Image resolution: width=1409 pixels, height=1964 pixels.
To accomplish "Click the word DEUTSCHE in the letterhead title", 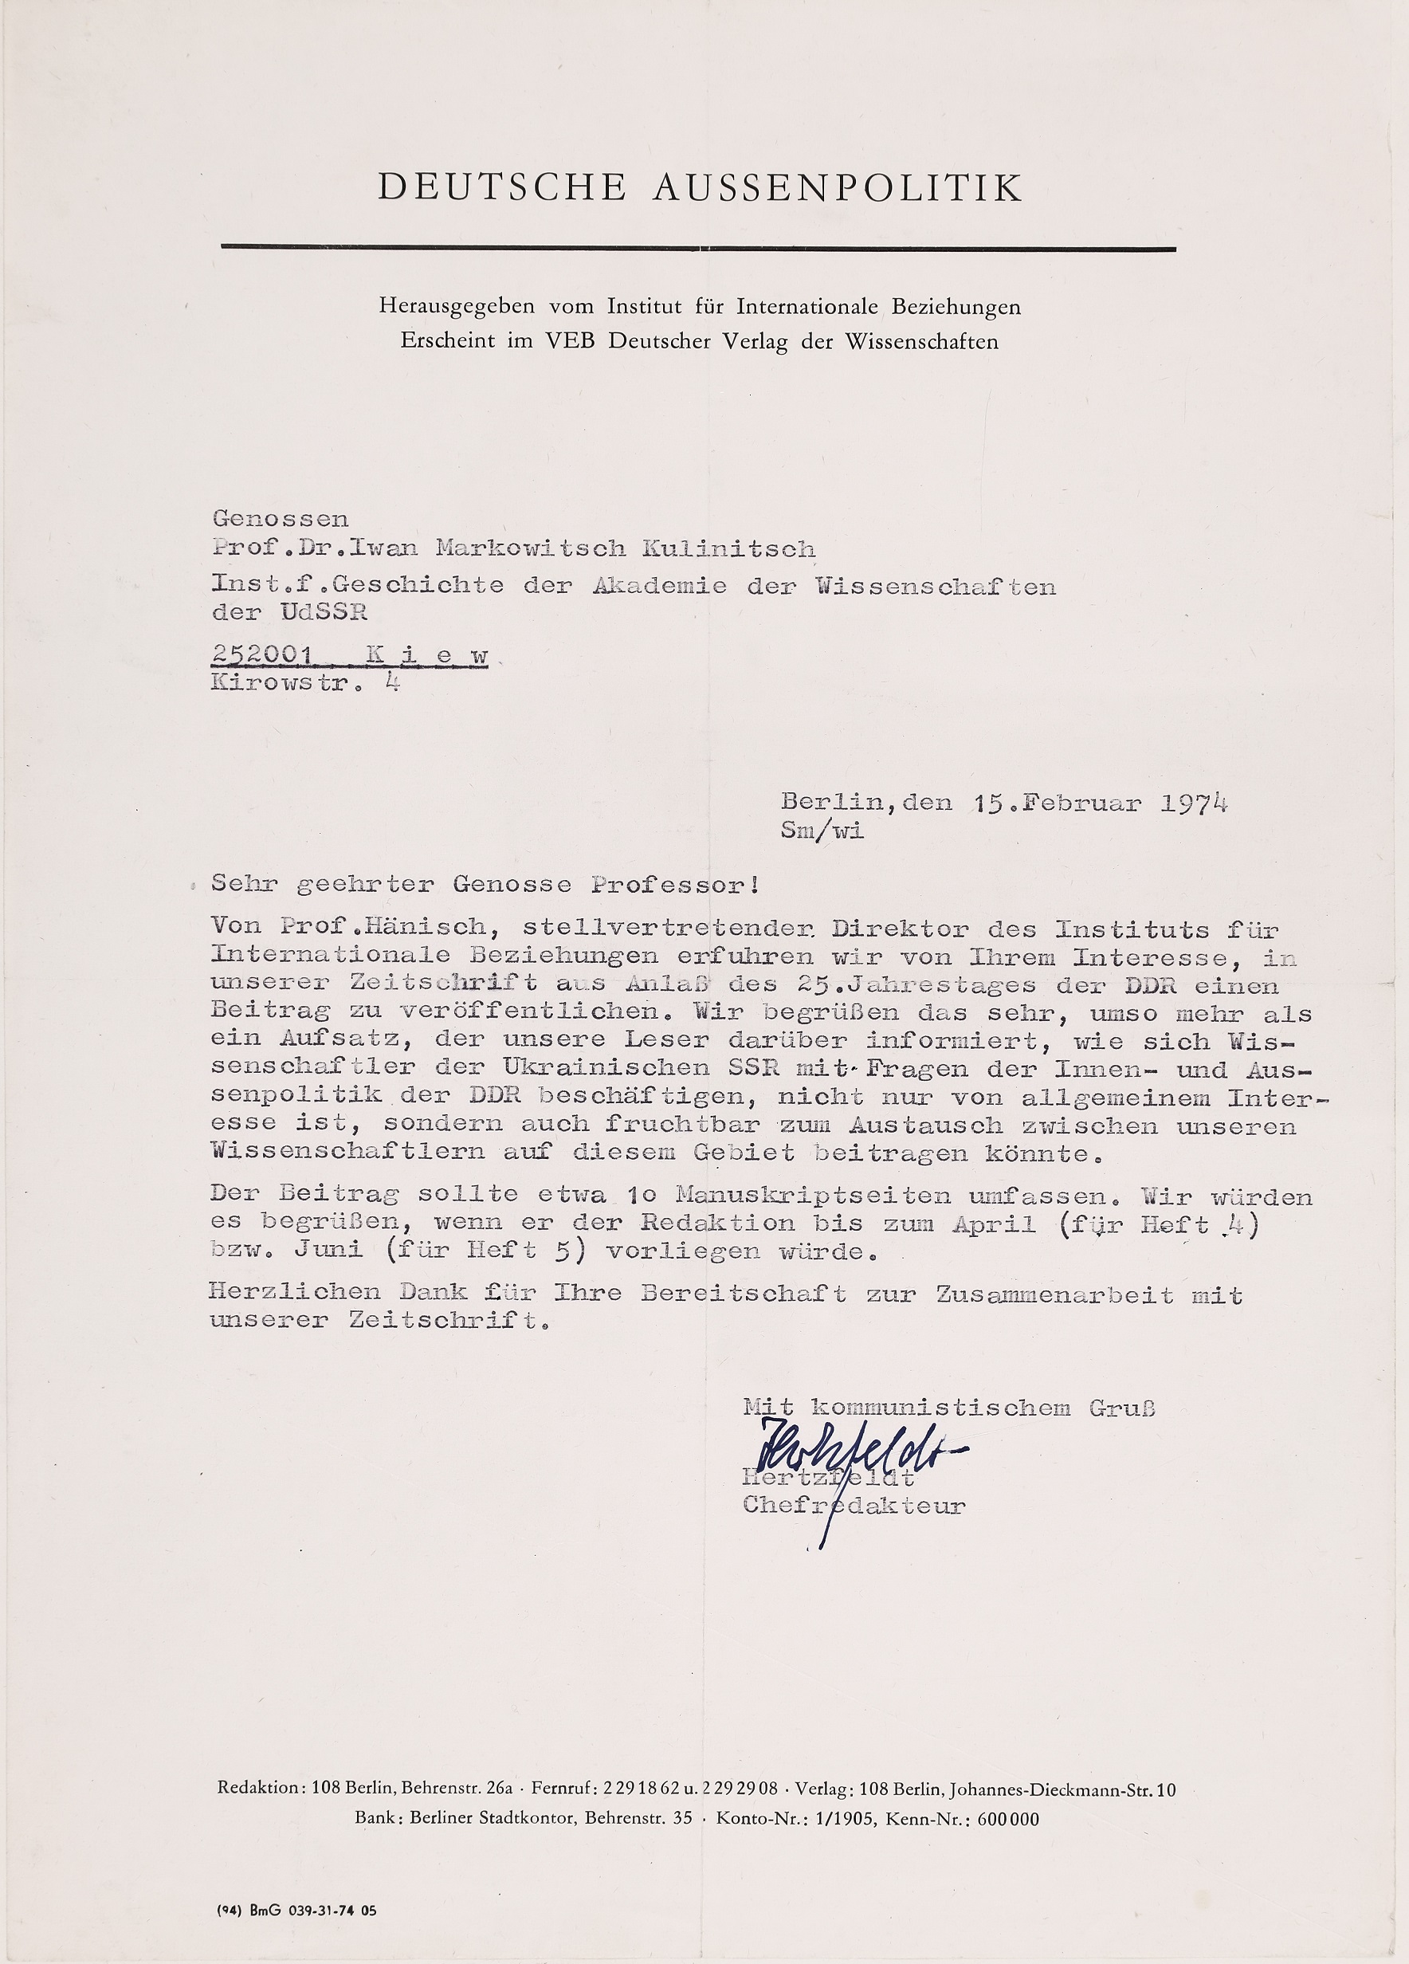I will [x=501, y=188].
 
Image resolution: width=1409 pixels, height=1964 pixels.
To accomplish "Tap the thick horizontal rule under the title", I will [x=698, y=249].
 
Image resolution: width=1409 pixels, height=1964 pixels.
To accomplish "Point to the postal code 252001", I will [x=261, y=654].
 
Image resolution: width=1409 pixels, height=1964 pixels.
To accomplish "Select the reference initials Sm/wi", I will [x=822, y=831].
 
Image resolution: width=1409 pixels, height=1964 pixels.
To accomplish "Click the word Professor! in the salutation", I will [x=677, y=884].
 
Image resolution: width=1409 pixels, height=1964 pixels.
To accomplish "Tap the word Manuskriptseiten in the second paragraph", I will [x=813, y=1196].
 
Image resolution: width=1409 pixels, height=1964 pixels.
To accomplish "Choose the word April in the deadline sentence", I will [x=993, y=1224].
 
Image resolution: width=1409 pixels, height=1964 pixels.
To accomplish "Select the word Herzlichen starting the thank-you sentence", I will [x=296, y=1293].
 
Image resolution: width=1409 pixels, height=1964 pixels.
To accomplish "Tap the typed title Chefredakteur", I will [x=854, y=1505].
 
